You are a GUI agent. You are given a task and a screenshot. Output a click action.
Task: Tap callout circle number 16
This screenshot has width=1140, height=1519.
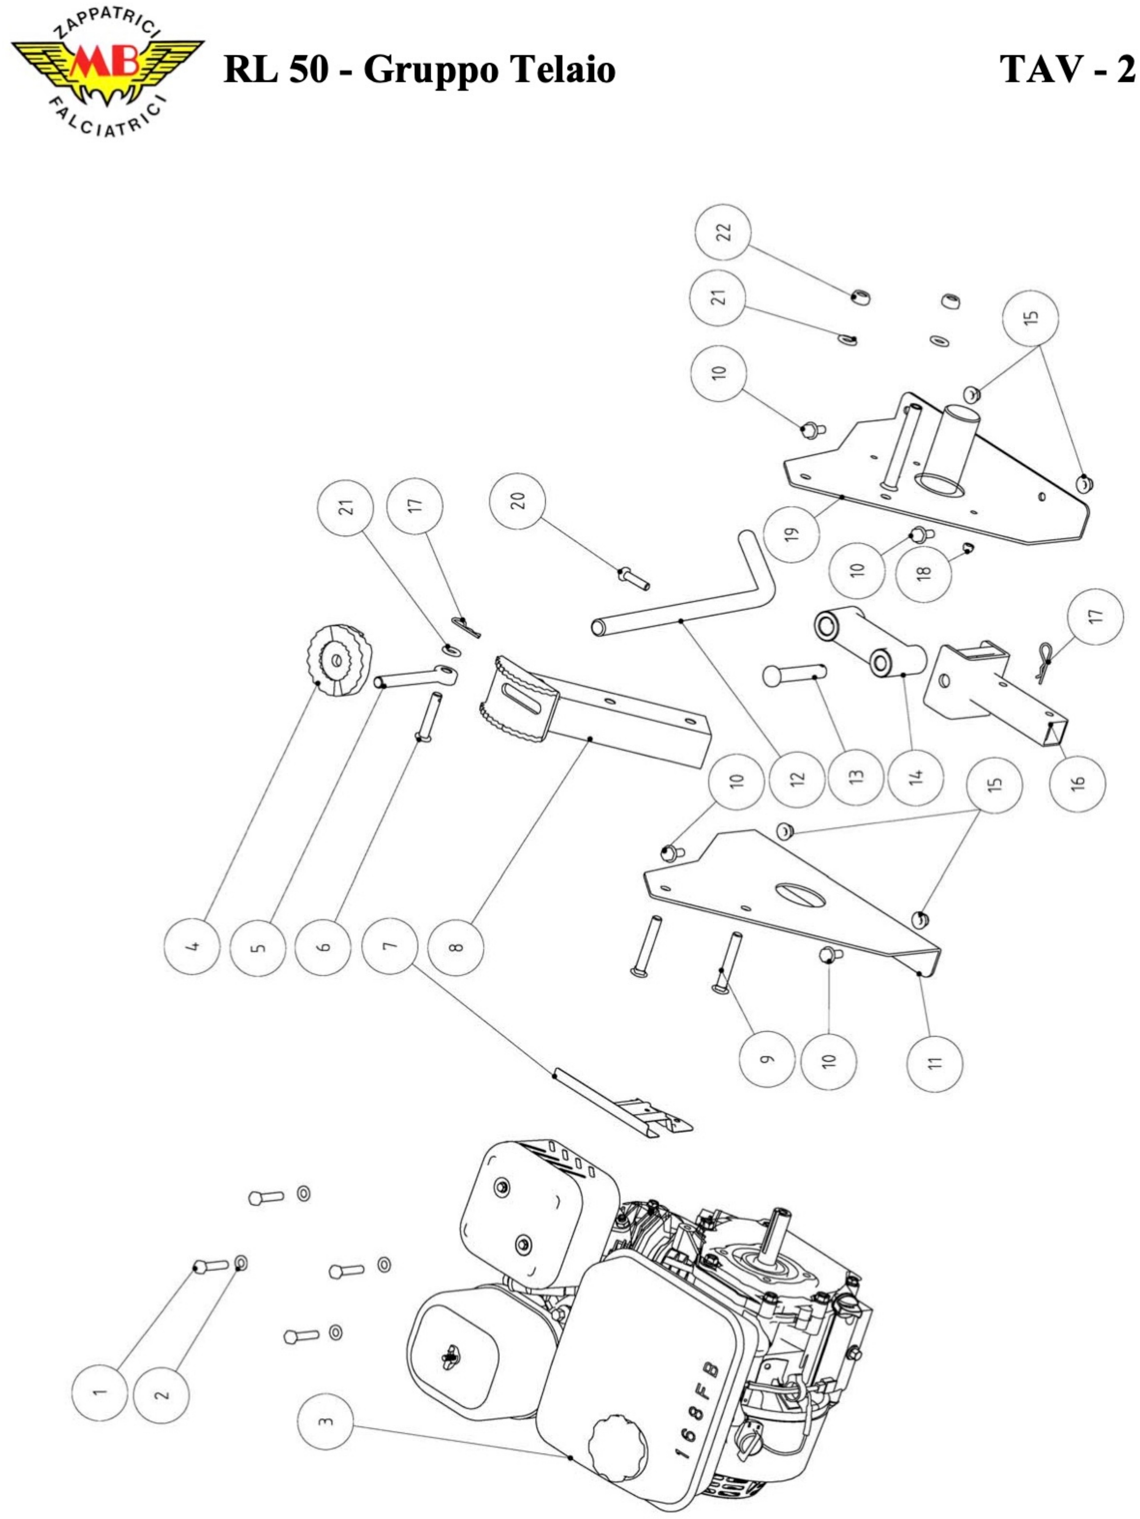coord(1078,784)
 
